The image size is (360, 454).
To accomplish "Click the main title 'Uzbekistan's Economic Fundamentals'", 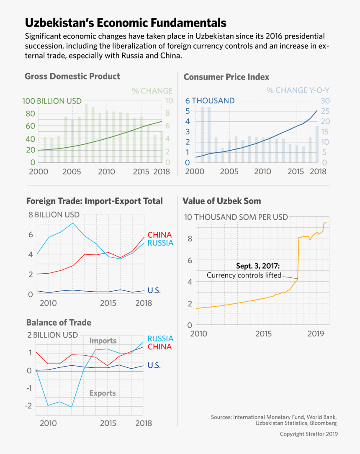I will click(126, 23).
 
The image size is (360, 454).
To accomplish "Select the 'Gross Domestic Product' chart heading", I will click(72, 76).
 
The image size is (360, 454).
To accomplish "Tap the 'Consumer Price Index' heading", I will click(226, 77).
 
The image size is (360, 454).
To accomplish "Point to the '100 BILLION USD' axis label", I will click(52, 101).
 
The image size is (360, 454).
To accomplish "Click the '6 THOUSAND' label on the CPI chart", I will click(210, 101).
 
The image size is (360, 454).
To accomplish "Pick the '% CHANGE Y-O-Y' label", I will click(298, 90).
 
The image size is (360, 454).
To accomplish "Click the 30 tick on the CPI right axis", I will click(325, 101).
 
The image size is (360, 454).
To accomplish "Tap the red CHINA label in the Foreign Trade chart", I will click(159, 235).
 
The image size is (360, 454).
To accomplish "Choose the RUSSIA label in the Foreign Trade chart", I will click(160, 243).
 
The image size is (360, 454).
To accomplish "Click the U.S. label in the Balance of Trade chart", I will click(154, 365).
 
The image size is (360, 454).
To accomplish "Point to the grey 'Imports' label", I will click(103, 341).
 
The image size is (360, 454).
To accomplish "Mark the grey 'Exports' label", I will click(103, 393).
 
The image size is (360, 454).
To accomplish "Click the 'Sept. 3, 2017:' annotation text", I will click(258, 266).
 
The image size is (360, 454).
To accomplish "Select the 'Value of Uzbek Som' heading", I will click(222, 201).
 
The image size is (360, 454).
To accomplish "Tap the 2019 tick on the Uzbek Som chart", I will click(316, 334).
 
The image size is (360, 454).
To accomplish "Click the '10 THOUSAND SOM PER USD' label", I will click(236, 217).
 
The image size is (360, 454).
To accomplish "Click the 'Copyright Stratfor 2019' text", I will click(309, 434).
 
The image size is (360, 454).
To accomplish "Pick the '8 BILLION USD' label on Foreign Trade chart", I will click(54, 215).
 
